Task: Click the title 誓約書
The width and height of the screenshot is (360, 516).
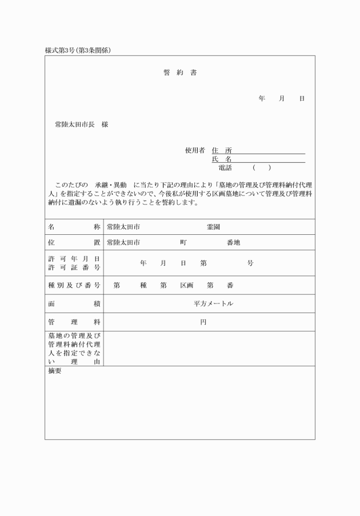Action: tap(180, 73)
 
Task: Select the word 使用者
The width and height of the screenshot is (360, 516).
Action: tap(194, 151)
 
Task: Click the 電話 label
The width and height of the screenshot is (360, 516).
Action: tap(225, 168)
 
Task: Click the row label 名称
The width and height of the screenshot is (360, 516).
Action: tap(74, 227)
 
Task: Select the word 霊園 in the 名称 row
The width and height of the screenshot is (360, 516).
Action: tap(213, 227)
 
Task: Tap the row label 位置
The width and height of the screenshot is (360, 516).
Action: tap(74, 242)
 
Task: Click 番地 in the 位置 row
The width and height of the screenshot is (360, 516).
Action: tap(233, 242)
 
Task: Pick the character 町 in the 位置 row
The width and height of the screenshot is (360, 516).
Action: tap(183, 242)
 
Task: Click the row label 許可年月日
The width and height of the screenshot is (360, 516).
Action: tap(74, 259)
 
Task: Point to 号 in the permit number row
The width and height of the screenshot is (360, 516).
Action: tap(250, 263)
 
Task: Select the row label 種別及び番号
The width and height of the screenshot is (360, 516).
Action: tap(74, 285)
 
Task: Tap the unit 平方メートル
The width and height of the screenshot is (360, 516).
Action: tap(213, 304)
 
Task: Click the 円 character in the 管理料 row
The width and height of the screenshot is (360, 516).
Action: tap(203, 322)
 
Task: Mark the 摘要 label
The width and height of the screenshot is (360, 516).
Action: tap(55, 371)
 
